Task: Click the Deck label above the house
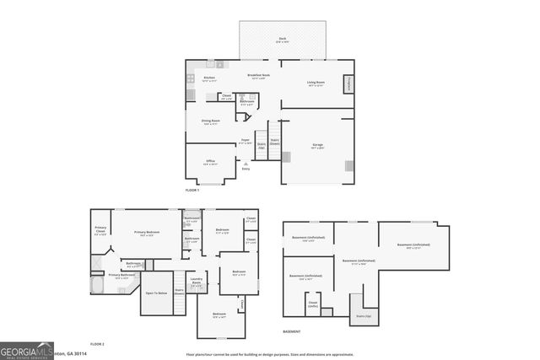coord(282,39)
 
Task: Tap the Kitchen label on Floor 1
coord(209,79)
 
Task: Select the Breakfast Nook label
coord(259,76)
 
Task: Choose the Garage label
coord(318,146)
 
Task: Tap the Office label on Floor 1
coord(211,161)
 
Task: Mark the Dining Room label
coord(211,121)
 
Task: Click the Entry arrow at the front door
coord(246,164)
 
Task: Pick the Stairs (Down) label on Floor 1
coord(274,143)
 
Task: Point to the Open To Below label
coord(156,293)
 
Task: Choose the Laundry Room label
coord(197,282)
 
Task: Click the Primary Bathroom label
coord(121,276)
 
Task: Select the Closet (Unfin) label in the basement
coord(312,304)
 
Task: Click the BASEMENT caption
coord(291,331)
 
